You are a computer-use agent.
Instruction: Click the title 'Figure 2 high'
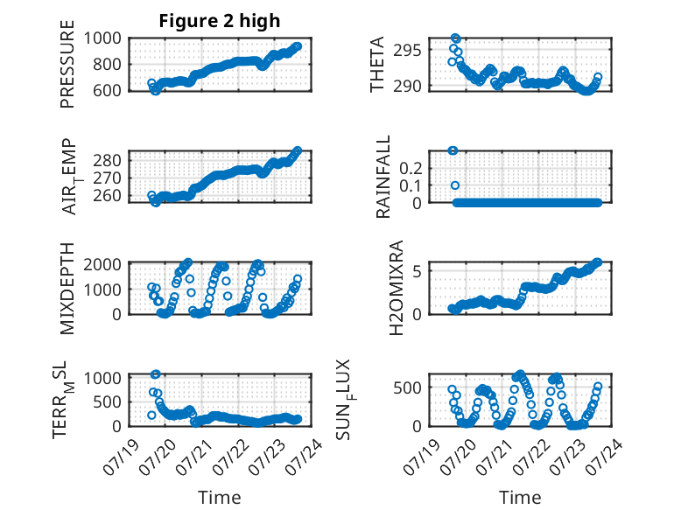(x=220, y=21)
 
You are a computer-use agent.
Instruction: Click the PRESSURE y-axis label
(x=67, y=64)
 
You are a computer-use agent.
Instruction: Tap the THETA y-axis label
(x=377, y=64)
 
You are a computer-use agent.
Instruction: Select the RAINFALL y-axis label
(x=383, y=177)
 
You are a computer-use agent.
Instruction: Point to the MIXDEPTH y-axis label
(x=67, y=289)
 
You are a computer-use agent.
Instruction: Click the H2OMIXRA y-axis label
(x=397, y=288)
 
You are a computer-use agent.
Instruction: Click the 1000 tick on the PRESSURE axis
(x=102, y=38)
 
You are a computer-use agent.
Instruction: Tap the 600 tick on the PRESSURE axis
(x=108, y=90)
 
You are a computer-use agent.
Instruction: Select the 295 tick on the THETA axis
(x=407, y=50)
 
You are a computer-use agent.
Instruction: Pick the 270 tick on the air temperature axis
(x=108, y=178)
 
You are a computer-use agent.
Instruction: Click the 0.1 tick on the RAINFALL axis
(x=411, y=185)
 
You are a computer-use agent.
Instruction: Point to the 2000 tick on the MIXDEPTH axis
(x=102, y=264)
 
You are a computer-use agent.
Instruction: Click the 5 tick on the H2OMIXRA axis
(x=418, y=271)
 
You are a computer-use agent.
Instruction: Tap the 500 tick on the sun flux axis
(x=407, y=388)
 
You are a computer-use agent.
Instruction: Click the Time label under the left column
(x=220, y=498)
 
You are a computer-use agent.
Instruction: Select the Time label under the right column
(x=520, y=498)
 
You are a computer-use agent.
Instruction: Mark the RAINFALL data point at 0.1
(x=454, y=185)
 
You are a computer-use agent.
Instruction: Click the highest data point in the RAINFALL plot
(x=453, y=150)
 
